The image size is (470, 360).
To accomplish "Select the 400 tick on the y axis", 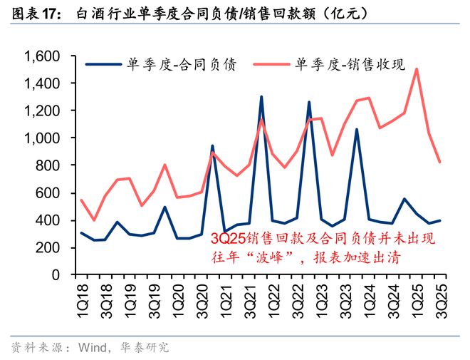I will click(x=53, y=221).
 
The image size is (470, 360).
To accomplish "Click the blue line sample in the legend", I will click(x=105, y=65).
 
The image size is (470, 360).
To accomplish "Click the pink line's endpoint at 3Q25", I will click(x=440, y=163).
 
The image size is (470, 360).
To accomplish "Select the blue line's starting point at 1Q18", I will click(x=81, y=232).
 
